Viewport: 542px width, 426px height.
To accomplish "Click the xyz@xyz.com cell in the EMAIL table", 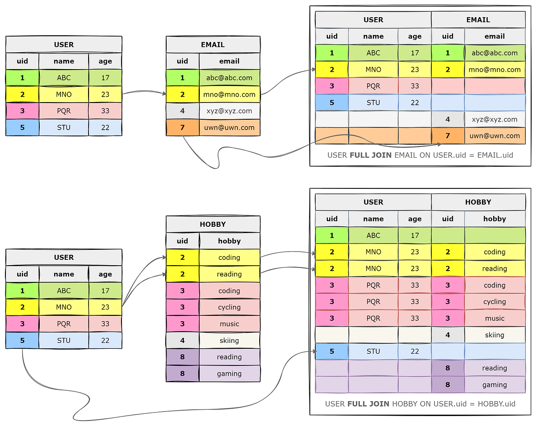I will point(229,111).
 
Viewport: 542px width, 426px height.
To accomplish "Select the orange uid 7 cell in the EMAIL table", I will point(182,127).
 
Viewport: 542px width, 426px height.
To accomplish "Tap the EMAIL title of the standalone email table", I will point(213,45).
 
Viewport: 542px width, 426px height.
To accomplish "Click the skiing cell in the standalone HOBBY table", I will point(229,340).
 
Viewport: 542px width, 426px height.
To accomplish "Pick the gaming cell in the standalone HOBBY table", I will point(229,374).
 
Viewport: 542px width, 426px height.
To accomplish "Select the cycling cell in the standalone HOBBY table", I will point(229,307).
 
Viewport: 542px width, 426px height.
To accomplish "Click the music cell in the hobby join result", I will point(495,318).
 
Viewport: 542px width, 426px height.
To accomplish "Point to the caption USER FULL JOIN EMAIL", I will point(420,155).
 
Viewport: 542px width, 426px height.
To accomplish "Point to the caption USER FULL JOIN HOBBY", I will point(420,403).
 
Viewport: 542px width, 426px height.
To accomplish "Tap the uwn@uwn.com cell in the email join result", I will point(495,136).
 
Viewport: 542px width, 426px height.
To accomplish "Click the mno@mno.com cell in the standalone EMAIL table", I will point(229,94).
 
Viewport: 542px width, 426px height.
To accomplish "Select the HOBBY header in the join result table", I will point(478,202).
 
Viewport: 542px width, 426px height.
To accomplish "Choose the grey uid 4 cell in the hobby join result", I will point(448,335).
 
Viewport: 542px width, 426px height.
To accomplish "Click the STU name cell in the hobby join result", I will point(373,351).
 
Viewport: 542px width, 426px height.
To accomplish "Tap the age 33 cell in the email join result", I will point(415,86).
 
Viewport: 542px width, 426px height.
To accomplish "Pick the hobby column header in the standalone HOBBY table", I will point(229,241).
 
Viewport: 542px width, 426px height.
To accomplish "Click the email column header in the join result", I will point(495,36).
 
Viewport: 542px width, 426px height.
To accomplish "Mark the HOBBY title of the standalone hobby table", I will point(213,224).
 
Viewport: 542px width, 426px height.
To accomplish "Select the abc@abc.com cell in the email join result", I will point(495,53).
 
